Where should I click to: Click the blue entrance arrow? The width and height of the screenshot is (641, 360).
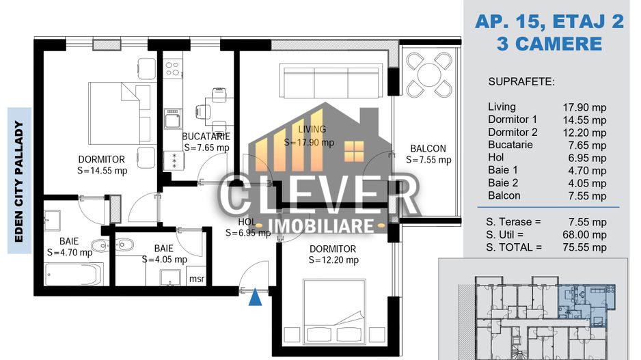coord(256,297)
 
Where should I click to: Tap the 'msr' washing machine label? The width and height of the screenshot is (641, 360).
coord(197,279)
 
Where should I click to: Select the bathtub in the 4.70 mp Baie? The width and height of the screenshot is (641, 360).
coord(74,274)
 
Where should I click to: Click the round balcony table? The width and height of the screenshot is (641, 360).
coord(429,74)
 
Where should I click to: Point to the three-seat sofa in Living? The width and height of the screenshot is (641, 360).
coord(331,81)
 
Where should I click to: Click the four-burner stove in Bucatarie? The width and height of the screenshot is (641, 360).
coord(172,68)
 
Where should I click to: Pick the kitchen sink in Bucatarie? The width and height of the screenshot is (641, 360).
coord(172,119)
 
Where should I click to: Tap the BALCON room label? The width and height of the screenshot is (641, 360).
coord(428,149)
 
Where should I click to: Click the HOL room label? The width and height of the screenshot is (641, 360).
coord(247,222)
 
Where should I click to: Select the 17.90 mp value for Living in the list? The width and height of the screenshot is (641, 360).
coord(584,107)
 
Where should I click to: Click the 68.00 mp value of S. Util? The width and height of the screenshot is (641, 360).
coord(584,234)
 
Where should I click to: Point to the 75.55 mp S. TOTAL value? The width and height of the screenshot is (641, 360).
coord(584,247)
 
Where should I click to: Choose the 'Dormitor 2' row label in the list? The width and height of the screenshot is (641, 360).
coord(513,133)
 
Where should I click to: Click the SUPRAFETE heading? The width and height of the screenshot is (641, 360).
coord(521,82)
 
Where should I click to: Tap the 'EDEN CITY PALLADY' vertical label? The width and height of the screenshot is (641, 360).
coord(19,181)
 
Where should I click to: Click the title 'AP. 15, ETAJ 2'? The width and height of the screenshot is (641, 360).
coord(549,22)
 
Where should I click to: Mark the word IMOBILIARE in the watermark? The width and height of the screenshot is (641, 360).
coord(321,226)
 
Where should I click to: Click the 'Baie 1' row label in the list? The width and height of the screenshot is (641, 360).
coord(502,170)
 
